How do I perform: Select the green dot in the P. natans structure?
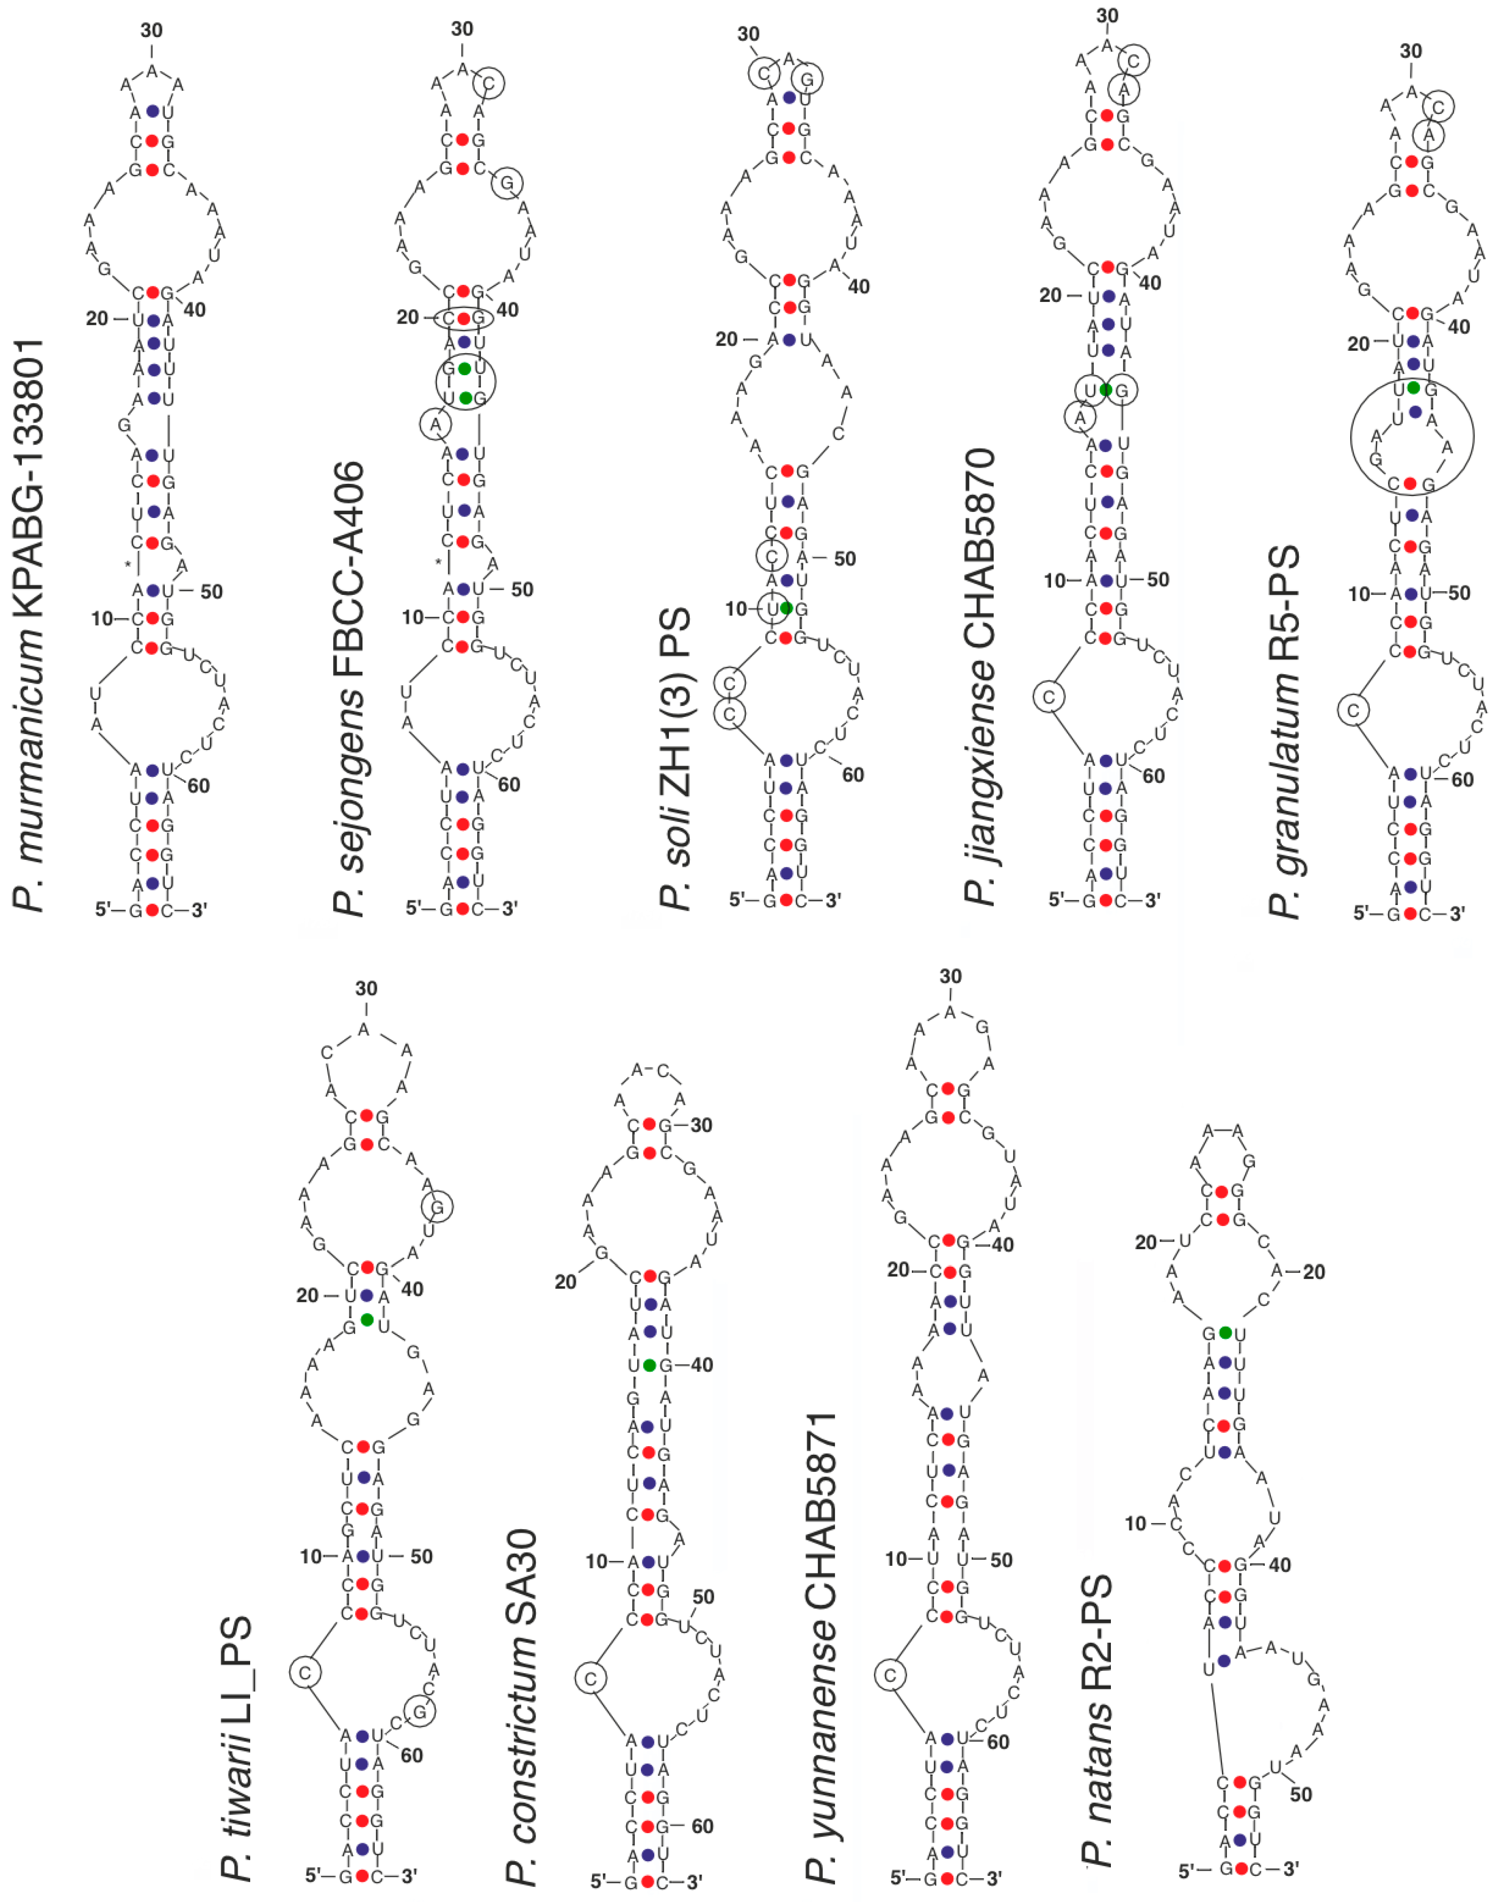coord(1225,1332)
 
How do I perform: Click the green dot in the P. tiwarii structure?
coord(366,1318)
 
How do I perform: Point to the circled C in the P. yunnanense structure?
coord(891,1676)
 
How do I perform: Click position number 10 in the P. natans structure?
coord(1136,1523)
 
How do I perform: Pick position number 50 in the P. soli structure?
coord(844,558)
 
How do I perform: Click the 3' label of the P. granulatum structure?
coord(1456,913)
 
